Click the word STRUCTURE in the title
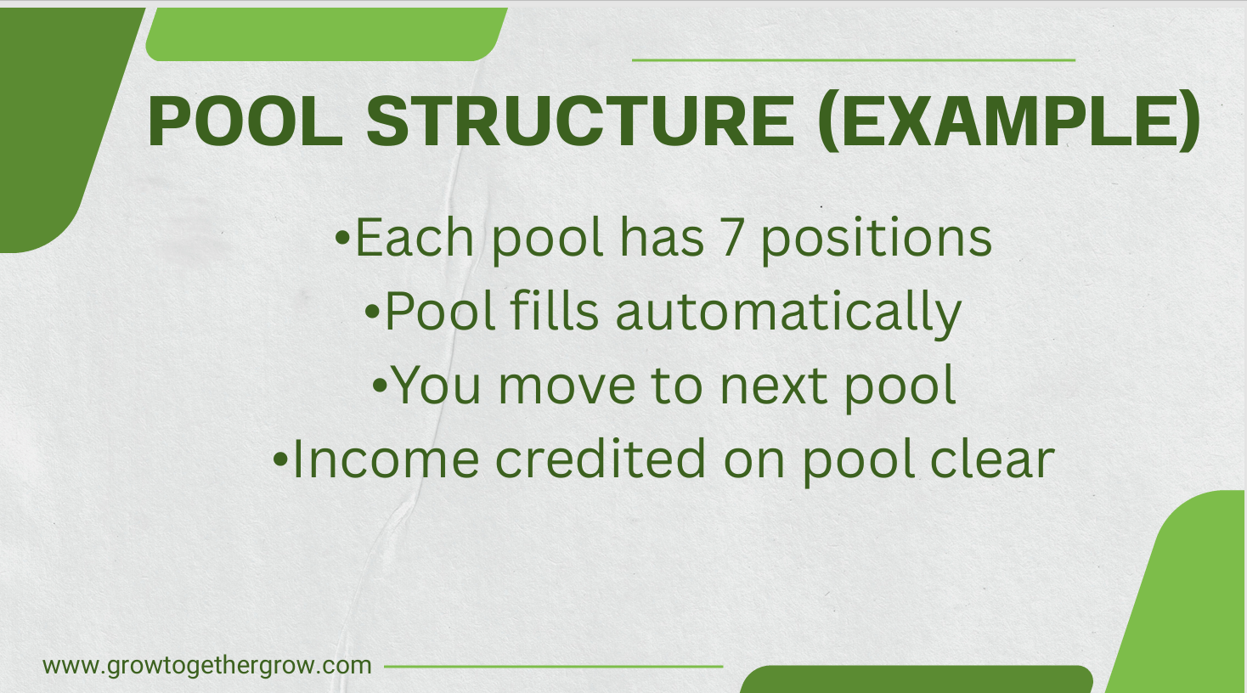pyautogui.click(x=580, y=121)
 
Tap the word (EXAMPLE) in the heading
pyautogui.click(x=1008, y=121)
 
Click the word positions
pyautogui.click(x=876, y=239)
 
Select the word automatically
pyautogui.click(x=788, y=313)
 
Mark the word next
pyautogui.click(x=773, y=386)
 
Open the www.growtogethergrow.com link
pyautogui.click(x=207, y=666)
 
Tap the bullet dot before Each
pyautogui.click(x=342, y=238)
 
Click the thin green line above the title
pyautogui.click(x=853, y=60)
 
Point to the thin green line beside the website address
pyautogui.click(x=553, y=667)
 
